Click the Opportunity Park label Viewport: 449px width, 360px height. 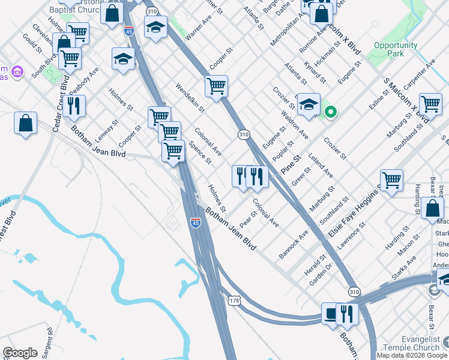tap(395, 49)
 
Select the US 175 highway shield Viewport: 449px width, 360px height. tap(234, 299)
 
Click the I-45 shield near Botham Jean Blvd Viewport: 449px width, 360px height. tap(196, 223)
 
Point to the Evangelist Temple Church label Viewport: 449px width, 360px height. tap(412, 343)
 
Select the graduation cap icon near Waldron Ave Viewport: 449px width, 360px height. tap(309, 104)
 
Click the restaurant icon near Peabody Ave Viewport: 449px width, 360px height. tap(74, 106)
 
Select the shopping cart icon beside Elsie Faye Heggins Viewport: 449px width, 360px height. tap(391, 179)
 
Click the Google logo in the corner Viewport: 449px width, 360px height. tap(20, 353)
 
